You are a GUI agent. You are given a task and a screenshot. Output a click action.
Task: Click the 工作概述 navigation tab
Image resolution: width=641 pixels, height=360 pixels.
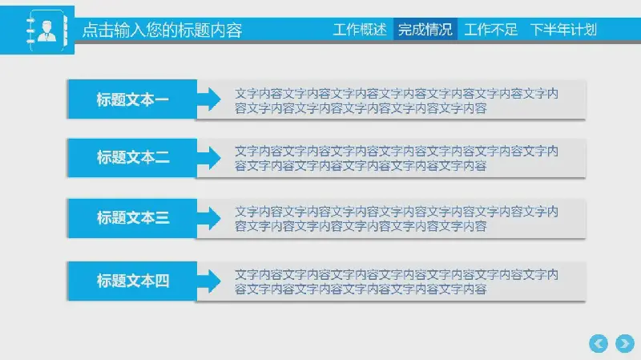[360, 30]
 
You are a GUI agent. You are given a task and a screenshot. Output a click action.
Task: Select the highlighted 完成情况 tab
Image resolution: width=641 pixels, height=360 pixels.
[425, 30]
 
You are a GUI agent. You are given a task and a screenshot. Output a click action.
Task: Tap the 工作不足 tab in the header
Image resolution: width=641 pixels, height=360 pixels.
[490, 30]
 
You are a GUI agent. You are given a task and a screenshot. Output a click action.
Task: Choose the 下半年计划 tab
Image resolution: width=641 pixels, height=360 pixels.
[563, 30]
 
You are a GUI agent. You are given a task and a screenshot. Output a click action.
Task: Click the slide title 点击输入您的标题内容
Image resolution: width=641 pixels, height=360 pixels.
[163, 30]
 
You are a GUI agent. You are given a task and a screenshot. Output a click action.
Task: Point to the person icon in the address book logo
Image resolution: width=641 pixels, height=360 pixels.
[46, 31]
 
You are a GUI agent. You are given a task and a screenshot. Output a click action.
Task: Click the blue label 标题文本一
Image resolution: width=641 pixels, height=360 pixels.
[132, 99]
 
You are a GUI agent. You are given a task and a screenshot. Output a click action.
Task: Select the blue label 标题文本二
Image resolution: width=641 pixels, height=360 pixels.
[132, 157]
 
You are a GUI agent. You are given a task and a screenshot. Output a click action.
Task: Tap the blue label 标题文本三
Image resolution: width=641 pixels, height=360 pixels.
[132, 218]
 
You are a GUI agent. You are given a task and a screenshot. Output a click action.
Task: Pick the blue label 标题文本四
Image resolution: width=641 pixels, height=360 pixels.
[132, 281]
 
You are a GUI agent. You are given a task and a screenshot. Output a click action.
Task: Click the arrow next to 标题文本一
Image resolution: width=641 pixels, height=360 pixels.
[209, 99]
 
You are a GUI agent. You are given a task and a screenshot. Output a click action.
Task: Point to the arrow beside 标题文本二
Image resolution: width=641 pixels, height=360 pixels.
[209, 157]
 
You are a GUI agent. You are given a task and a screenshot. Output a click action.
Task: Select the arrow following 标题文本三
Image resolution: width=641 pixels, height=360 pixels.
[209, 218]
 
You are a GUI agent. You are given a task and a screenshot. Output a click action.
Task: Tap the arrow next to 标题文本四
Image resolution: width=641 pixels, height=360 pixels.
[209, 281]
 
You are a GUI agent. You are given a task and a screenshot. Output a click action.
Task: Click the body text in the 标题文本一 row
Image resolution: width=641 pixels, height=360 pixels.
[397, 101]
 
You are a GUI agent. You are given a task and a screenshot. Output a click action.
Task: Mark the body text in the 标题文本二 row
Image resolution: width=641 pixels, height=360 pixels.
[397, 159]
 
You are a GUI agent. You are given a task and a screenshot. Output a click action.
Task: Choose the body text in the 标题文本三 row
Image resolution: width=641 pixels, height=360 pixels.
[397, 219]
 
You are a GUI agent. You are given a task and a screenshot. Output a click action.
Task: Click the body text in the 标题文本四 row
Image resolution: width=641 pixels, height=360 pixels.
[397, 282]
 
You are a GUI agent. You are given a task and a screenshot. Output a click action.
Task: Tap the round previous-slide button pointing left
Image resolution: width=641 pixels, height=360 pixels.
[599, 343]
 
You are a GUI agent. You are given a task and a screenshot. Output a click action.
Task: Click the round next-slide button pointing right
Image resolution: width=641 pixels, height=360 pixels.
[625, 343]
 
